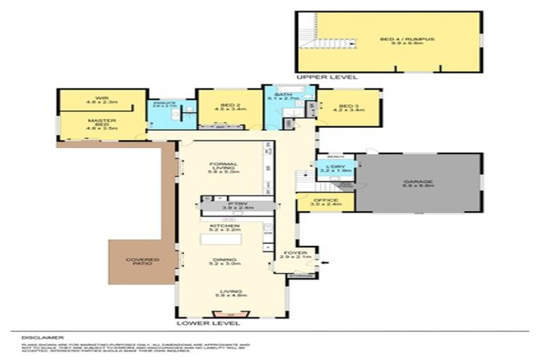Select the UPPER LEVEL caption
click(327, 77)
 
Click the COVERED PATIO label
click(143, 262)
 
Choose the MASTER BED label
click(101, 124)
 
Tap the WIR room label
click(101, 99)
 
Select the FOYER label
click(293, 252)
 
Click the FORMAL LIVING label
click(224, 167)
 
